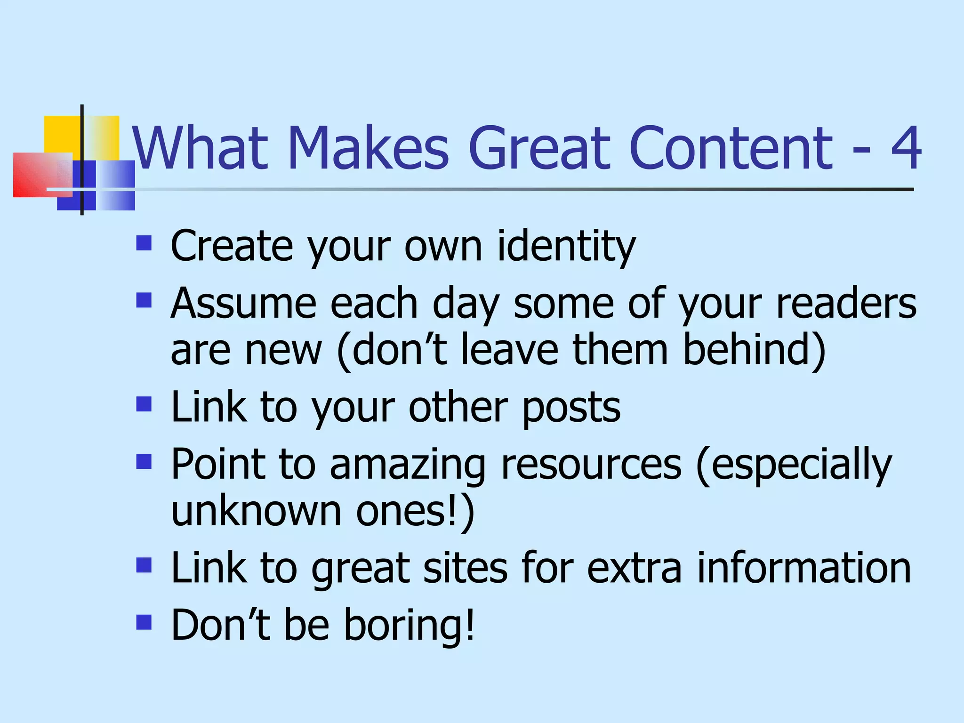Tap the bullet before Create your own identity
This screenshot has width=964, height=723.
144,243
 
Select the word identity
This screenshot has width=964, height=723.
566,247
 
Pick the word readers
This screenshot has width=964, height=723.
846,304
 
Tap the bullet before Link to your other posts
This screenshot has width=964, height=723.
144,404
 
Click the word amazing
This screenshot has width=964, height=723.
407,465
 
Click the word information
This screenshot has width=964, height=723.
803,568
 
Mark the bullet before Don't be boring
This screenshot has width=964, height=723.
144,622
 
